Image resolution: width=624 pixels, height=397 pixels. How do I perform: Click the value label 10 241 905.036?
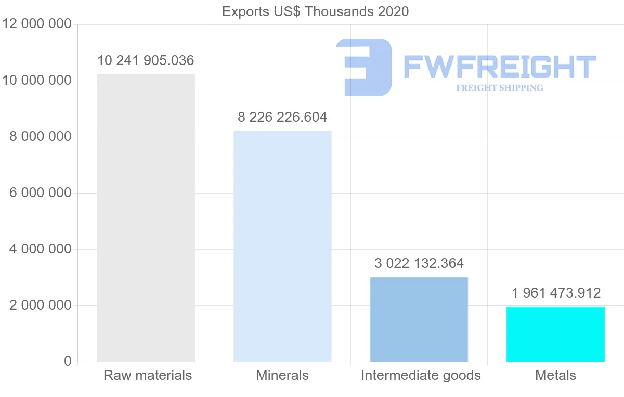click(x=146, y=61)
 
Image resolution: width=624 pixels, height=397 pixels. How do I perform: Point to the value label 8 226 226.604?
click(x=282, y=117)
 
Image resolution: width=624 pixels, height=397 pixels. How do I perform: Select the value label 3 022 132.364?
click(x=419, y=263)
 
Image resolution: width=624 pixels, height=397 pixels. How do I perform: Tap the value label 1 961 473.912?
click(x=556, y=293)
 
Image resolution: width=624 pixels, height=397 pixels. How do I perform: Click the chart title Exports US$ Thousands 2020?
click(x=315, y=11)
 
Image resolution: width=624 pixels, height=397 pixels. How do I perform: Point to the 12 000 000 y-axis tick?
click(x=36, y=24)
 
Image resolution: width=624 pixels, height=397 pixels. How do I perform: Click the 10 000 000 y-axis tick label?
click(x=36, y=81)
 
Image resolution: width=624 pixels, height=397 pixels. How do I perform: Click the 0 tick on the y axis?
click(x=68, y=361)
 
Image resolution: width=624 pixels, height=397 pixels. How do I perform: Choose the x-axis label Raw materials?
click(x=148, y=375)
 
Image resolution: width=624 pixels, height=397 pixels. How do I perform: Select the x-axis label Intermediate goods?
click(x=421, y=375)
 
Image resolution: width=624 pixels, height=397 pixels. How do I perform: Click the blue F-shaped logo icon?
click(x=364, y=67)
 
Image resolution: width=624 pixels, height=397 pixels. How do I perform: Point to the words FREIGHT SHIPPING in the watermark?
click(x=500, y=88)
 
